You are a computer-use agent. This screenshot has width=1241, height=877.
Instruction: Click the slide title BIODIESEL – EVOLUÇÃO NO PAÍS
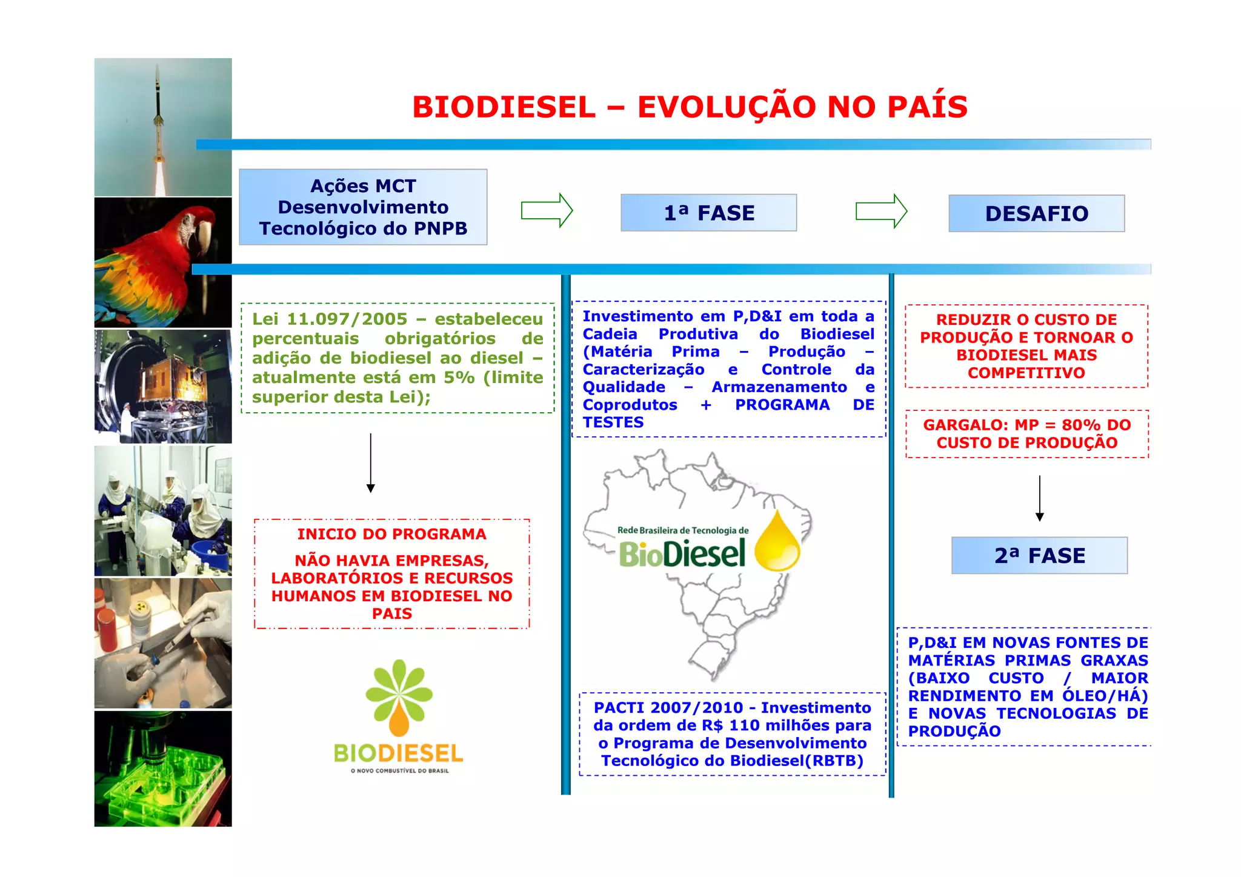point(690,107)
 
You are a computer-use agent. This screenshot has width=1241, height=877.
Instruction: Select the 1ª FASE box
point(708,213)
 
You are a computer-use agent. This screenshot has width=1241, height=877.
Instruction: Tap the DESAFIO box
point(1036,213)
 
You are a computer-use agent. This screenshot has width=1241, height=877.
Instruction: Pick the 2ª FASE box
point(1039,555)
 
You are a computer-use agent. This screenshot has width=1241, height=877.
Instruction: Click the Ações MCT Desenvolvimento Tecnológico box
point(363,207)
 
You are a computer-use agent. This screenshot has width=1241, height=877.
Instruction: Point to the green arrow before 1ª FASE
point(547,211)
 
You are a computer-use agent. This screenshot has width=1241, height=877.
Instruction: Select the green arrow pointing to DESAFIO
point(881,212)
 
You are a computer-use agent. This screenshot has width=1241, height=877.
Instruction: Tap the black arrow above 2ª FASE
point(1040,498)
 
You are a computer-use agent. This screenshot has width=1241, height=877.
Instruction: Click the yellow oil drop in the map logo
point(777,542)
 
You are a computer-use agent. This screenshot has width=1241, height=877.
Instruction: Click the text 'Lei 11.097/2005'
point(330,319)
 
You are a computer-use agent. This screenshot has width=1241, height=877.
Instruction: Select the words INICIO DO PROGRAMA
point(391,534)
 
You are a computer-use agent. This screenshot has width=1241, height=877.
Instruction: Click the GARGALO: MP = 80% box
point(1026,434)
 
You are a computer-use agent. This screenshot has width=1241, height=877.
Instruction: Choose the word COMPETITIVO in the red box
point(1026,373)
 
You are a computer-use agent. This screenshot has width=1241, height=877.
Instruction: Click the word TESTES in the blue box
point(613,422)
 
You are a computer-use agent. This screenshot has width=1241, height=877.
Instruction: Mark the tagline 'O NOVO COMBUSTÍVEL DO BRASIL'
point(399,771)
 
